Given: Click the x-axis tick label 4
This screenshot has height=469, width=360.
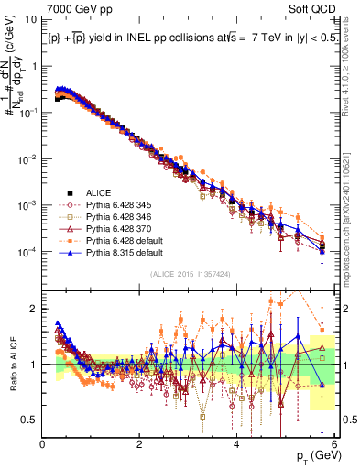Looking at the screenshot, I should point(236,446).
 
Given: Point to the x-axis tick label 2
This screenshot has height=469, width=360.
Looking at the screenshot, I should point(140,446).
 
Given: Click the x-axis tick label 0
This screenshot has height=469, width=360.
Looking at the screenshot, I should point(43,446).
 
